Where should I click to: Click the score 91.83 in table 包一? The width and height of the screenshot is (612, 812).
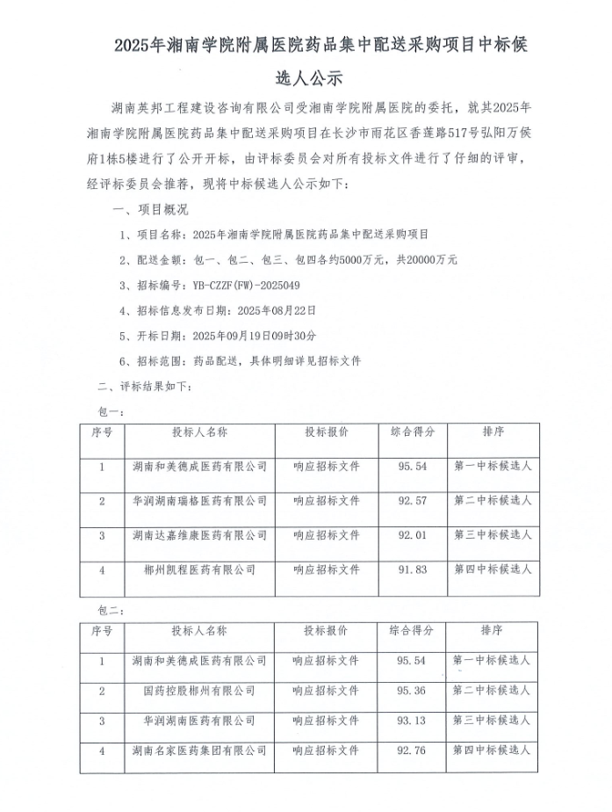tap(412, 569)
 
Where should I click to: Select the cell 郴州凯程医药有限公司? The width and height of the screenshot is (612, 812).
tap(199, 569)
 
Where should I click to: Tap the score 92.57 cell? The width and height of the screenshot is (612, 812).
tap(412, 500)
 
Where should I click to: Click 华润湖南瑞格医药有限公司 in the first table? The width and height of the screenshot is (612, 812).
tap(199, 500)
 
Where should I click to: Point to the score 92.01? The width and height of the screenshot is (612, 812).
tap(412, 534)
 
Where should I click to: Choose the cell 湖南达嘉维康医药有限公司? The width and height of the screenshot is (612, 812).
tap(199, 534)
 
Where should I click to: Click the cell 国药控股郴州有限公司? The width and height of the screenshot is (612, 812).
tap(199, 691)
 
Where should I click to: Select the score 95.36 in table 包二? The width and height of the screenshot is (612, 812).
tap(412, 691)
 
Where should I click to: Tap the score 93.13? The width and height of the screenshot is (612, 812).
tap(412, 721)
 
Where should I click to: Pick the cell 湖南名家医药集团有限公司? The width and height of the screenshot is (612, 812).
tap(199, 751)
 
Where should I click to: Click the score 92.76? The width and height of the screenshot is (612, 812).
tap(412, 751)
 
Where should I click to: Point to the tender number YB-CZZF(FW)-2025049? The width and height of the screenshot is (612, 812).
tap(240, 286)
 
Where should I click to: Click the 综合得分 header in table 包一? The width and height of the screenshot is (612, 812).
tap(412, 432)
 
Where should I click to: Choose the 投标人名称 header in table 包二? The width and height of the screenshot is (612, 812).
tap(199, 631)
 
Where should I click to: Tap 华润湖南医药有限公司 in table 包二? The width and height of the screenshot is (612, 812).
tap(199, 721)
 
